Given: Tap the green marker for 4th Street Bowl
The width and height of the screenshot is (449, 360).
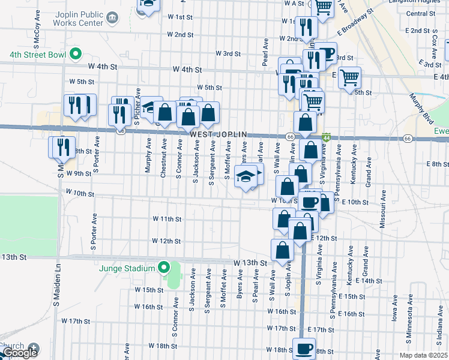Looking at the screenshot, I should pyautogui.click(x=75, y=55).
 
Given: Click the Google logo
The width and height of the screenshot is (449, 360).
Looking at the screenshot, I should pyautogui.click(x=20, y=353).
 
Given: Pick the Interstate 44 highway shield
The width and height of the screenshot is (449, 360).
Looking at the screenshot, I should pyautogui.click(x=326, y=138).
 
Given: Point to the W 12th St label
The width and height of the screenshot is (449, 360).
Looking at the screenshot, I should pyautogui.click(x=166, y=241).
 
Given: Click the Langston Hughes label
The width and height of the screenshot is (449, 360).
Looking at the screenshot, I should pyautogui.click(x=421, y=3).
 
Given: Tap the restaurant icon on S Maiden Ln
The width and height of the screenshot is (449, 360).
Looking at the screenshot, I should pyautogui.click(x=63, y=147).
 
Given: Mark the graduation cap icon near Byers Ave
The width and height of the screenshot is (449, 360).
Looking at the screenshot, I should pyautogui.click(x=244, y=176).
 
